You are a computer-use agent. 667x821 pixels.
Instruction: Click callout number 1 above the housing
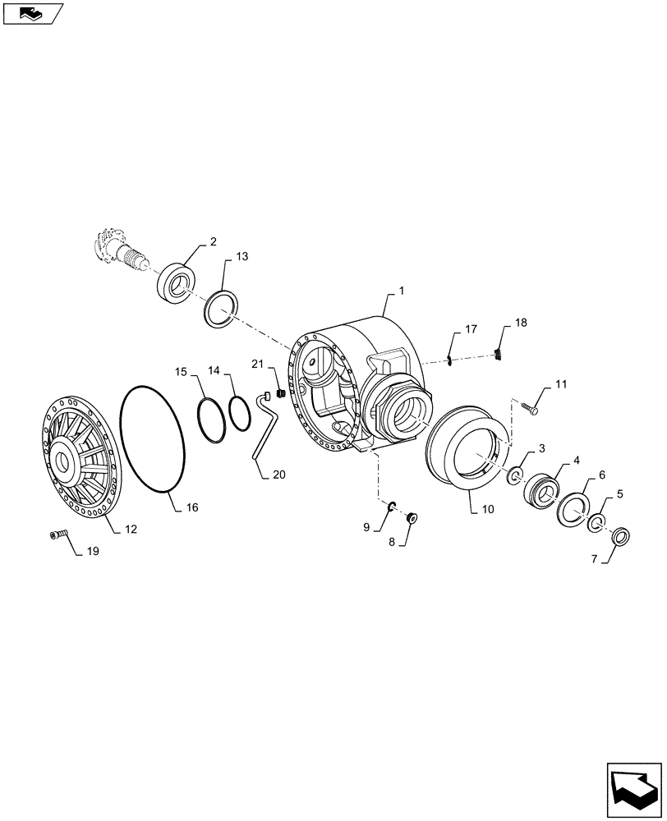(402, 291)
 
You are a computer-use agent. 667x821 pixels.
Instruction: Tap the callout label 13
(241, 257)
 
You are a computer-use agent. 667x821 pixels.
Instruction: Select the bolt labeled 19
(57, 535)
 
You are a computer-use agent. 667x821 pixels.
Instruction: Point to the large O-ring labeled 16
(154, 439)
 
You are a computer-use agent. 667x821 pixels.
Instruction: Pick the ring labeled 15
(211, 420)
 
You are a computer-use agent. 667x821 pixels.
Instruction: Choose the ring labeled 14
(239, 414)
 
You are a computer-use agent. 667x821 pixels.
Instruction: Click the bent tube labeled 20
(264, 427)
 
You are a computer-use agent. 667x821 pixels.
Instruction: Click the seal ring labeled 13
(221, 308)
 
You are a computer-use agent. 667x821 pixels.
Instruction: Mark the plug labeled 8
(412, 517)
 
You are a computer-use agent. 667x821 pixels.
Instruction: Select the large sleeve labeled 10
(465, 448)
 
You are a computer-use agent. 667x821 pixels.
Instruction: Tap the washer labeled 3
(517, 475)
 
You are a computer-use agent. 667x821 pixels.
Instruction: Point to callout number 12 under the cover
(131, 530)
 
